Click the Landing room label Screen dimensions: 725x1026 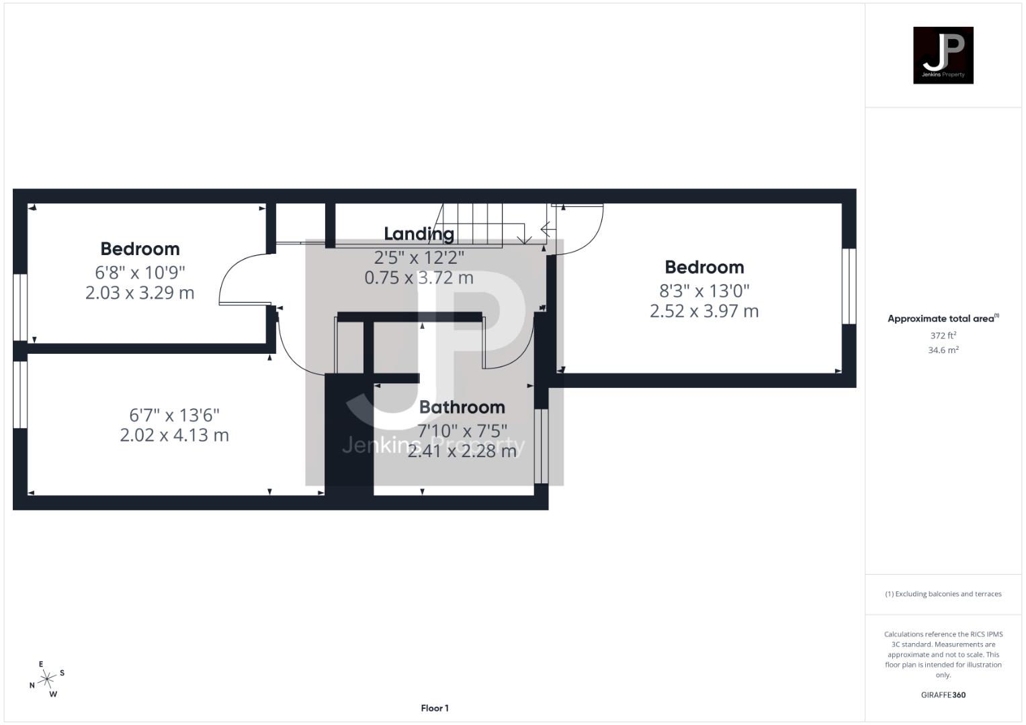click(419, 234)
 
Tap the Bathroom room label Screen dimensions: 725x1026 click(462, 407)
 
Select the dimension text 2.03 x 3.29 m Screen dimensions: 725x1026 click(140, 293)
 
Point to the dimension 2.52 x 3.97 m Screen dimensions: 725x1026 click(704, 311)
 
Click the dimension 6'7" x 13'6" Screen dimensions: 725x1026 click(174, 415)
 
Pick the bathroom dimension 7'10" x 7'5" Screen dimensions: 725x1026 click(462, 429)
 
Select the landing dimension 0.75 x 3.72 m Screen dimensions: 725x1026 click(419, 277)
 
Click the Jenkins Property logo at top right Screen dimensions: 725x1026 click(943, 55)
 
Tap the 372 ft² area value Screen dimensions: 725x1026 click(943, 335)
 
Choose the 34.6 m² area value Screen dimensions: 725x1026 click(943, 350)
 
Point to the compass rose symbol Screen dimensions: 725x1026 click(47, 679)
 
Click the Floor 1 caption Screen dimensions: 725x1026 click(435, 708)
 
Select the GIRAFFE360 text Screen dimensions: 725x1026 click(943, 695)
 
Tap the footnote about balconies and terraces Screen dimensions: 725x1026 click(943, 594)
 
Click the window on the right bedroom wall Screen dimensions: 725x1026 click(849, 287)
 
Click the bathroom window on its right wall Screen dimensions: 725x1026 click(541, 446)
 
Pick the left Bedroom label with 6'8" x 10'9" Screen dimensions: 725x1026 click(140, 249)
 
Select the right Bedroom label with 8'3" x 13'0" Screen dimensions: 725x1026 click(704, 267)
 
